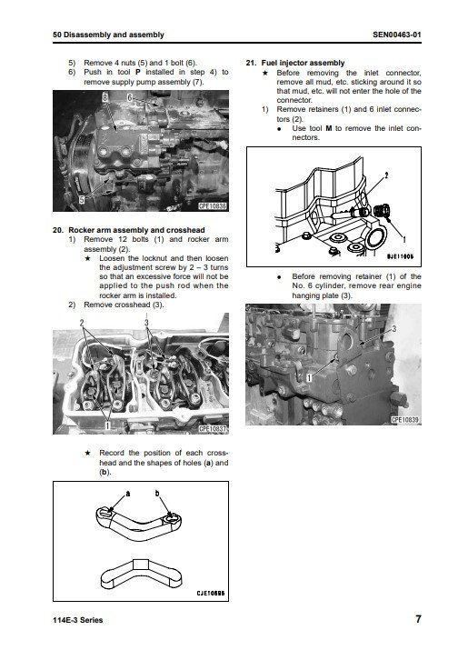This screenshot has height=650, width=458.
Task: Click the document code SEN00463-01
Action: [396, 35]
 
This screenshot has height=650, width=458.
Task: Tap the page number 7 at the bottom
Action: [418, 619]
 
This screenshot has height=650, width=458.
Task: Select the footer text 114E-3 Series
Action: [78, 620]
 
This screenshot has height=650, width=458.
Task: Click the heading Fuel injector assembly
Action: [303, 63]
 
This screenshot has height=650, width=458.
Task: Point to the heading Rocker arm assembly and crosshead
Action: [136, 230]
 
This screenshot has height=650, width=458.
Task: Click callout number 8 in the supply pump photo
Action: [105, 97]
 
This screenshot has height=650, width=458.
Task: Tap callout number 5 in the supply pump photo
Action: [82, 200]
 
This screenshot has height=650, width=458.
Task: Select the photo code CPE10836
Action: [213, 206]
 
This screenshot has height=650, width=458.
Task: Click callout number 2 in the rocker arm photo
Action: [82, 323]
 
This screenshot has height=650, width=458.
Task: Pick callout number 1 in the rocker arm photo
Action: [107, 425]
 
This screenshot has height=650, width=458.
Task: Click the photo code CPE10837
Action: [213, 429]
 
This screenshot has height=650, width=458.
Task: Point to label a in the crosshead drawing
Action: [127, 494]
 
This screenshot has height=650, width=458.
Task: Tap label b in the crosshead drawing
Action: [157, 494]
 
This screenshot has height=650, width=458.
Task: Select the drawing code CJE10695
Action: [211, 594]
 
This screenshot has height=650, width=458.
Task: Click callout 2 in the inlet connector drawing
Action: [386, 175]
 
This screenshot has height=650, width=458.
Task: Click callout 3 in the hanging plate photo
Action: [393, 329]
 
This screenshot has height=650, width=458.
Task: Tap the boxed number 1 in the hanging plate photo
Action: [309, 377]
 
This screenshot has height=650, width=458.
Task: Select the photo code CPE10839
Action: [405, 419]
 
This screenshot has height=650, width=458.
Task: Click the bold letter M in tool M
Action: [329, 128]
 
